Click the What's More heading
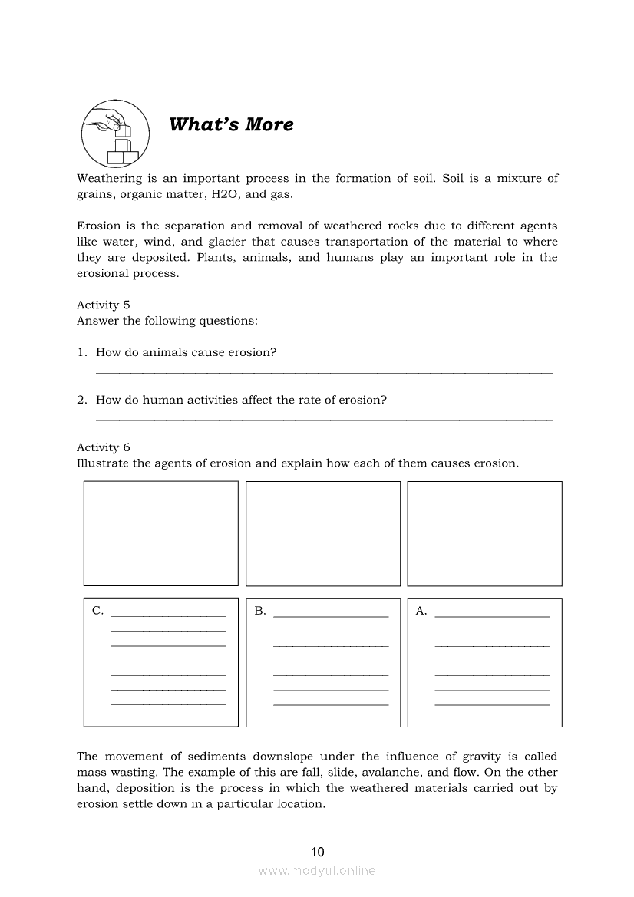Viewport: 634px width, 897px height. [x=231, y=124]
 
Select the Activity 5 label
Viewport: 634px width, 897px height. [x=104, y=305]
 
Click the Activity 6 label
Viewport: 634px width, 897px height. [x=104, y=447]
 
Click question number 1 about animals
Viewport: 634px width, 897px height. [x=186, y=352]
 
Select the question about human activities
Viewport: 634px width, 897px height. [x=241, y=400]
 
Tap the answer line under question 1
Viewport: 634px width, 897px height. [x=323, y=373]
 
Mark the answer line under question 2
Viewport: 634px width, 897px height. [x=323, y=420]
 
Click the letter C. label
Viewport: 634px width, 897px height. [x=97, y=611]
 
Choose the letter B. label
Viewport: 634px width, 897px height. [x=260, y=611]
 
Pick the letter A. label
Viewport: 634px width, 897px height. [x=421, y=611]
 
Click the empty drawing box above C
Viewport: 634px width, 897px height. [x=161, y=533]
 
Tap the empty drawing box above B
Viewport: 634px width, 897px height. [x=323, y=533]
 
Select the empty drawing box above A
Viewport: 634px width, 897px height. [x=484, y=533]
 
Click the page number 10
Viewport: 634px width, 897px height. [x=318, y=852]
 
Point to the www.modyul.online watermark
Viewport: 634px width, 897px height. [x=317, y=871]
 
